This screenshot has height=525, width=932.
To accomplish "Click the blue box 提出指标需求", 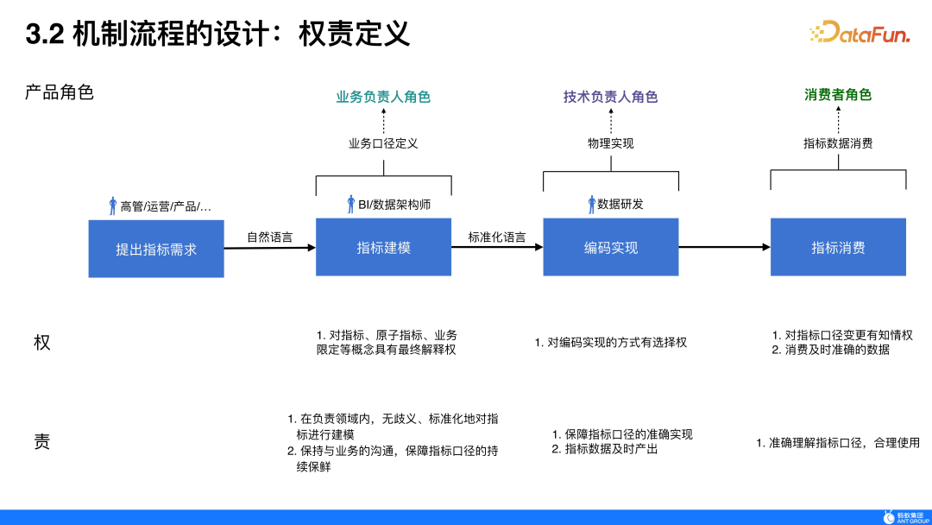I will [x=156, y=249].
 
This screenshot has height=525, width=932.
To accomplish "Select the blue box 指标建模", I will [x=383, y=248].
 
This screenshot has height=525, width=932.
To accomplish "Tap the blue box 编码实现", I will [x=610, y=248].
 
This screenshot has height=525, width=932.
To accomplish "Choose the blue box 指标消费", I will [x=838, y=248].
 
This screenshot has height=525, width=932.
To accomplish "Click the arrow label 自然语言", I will [x=269, y=237].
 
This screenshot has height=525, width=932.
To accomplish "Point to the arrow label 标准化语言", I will [x=497, y=237].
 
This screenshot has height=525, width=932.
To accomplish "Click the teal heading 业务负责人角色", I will [x=383, y=97].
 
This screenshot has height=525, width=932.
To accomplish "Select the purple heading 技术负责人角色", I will [x=610, y=97].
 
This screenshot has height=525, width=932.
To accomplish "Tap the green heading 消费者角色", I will [x=838, y=95].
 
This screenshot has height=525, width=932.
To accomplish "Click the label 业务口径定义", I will [x=383, y=143].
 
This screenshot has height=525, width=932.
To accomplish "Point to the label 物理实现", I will [x=610, y=143].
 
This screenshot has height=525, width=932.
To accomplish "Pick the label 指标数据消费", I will [x=838, y=143].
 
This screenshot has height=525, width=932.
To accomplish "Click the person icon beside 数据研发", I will [x=591, y=205].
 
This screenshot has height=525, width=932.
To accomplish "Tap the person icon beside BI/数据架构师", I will [x=351, y=205].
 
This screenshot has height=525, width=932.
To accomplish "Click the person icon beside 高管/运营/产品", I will [x=112, y=206].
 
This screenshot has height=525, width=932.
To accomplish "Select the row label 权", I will [x=41, y=342].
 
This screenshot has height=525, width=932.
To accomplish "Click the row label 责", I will [x=41, y=442].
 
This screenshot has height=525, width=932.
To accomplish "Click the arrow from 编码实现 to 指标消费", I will [x=724, y=247].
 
